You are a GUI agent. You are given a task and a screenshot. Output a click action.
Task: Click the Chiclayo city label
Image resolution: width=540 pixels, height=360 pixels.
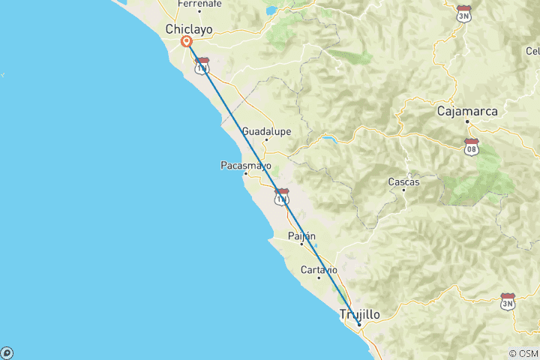click(188, 29)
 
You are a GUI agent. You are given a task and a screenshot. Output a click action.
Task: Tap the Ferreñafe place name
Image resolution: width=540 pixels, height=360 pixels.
click(199, 4)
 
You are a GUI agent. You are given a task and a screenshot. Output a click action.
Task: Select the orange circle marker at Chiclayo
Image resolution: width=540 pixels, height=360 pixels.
click(186, 43)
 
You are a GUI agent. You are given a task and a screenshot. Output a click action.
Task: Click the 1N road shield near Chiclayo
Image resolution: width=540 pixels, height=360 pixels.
click(201, 66)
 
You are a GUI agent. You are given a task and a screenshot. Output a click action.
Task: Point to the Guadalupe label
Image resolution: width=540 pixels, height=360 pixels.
click(266, 131)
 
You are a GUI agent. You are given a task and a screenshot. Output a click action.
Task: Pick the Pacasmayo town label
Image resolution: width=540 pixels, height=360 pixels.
click(246, 166)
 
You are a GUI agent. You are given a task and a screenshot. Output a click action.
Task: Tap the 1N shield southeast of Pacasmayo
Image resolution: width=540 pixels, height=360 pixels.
click(281, 197)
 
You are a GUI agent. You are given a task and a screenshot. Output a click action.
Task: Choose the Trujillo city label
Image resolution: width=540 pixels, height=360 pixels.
click(360, 314)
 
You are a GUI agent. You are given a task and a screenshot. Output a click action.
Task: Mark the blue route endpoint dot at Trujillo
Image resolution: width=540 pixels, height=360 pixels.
click(359, 324)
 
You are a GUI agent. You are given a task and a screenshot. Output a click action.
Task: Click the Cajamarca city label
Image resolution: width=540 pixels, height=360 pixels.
click(467, 112)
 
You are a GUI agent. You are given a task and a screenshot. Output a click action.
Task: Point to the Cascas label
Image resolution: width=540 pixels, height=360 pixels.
click(403, 181)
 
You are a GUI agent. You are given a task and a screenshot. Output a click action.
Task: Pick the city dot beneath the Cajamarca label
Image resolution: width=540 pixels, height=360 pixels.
click(467, 121)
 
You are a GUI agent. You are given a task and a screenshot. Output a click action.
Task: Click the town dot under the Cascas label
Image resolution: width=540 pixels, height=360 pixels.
click(403, 190)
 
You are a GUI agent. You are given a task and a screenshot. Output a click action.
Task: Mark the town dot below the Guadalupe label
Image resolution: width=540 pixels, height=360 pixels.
click(266, 140)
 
